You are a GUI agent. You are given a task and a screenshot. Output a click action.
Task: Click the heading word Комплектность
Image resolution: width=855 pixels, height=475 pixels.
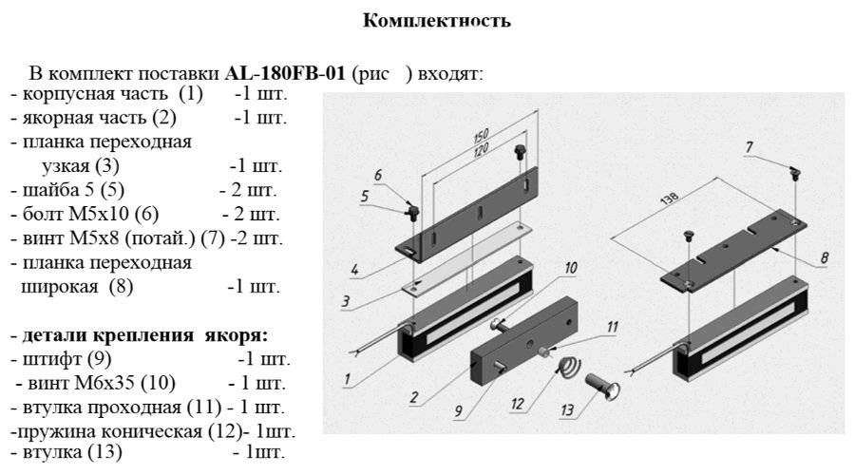click(x=437, y=21)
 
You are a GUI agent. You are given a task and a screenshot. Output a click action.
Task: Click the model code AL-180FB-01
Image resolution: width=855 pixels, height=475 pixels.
click(x=284, y=73)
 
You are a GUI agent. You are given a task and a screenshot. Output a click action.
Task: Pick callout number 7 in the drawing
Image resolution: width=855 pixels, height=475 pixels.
click(x=749, y=147)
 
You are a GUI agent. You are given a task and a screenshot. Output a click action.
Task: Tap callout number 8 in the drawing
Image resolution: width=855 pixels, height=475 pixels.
click(x=823, y=256)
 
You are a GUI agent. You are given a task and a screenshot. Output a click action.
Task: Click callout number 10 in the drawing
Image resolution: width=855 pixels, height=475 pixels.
click(x=570, y=269)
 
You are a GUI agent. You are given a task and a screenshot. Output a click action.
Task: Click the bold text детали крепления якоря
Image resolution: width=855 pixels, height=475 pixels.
click(x=140, y=335)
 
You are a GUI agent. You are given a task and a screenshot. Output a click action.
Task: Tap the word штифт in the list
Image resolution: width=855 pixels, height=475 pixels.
click(x=44, y=360)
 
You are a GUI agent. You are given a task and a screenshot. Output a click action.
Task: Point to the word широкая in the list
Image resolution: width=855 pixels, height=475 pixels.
click(x=59, y=285)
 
